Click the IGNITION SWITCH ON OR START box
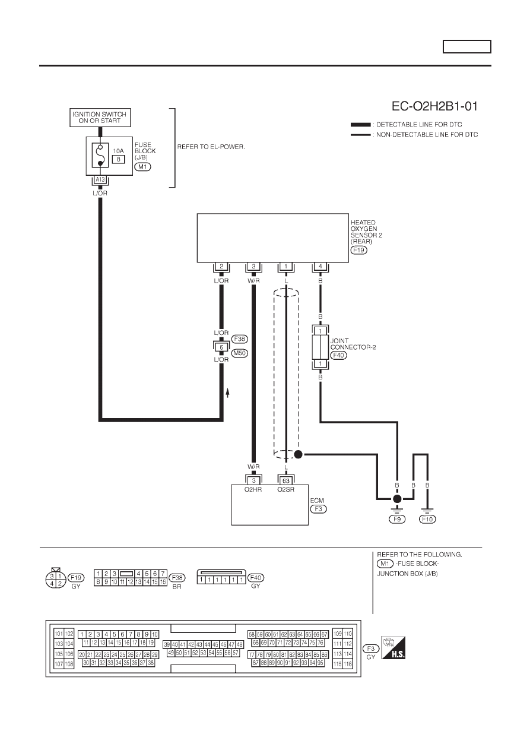[x=100, y=118]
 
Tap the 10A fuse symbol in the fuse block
[x=100, y=155]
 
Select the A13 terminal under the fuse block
[x=100, y=179]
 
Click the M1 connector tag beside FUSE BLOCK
[x=142, y=166]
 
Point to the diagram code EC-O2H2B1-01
[x=434, y=106]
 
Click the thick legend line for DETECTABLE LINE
[x=361, y=125]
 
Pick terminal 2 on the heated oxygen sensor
[x=221, y=267]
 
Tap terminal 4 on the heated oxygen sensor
[x=320, y=267]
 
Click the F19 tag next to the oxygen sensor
[x=358, y=250]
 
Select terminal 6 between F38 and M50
[x=221, y=347]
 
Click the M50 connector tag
[x=240, y=353]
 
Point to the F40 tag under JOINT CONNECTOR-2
[x=339, y=355]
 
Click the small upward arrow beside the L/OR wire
[x=227, y=393]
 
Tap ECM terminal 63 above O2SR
[x=285, y=481]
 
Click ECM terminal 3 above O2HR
[x=253, y=481]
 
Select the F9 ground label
[x=397, y=519]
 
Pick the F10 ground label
[x=427, y=519]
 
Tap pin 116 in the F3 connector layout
[x=348, y=664]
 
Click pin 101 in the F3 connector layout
[x=59, y=634]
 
